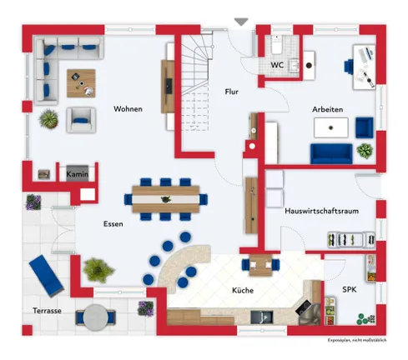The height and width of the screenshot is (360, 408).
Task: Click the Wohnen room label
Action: [128, 109]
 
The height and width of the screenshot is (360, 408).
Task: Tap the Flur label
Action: [232, 92]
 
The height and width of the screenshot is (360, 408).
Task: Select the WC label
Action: [277, 65]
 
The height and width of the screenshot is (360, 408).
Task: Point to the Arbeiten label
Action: [327, 109]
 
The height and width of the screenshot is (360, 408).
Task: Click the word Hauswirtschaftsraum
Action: [321, 211]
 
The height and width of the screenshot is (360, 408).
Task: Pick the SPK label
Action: [350, 290]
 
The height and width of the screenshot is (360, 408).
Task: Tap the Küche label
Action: [243, 291]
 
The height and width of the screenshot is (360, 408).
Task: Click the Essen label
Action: [113, 224]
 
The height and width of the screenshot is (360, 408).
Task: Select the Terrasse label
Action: [47, 311]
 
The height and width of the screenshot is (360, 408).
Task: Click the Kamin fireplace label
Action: [78, 174]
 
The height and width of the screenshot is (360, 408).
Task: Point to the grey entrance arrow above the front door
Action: [241, 22]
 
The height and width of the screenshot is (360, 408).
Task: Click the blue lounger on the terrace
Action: [47, 276]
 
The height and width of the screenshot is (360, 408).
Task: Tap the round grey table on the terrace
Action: [95, 317]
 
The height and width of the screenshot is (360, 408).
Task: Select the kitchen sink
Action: [262, 317]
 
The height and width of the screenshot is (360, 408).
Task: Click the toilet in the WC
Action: [277, 45]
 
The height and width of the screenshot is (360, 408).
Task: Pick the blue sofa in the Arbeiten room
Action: [331, 153]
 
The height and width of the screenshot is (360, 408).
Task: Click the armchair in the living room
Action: [81, 120]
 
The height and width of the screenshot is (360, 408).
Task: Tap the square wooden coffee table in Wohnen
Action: [81, 83]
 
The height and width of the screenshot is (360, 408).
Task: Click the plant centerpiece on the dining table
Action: [166, 199]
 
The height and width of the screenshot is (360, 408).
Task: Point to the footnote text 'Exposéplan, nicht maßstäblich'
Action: [357, 340]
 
